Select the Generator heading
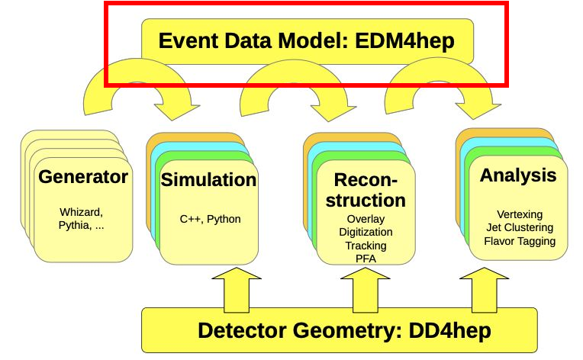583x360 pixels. [83, 178]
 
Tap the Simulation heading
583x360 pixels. [208, 180]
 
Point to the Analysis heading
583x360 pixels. [518, 175]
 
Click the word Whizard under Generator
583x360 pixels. [81, 211]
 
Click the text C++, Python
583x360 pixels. [210, 219]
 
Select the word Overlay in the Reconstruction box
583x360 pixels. [366, 219]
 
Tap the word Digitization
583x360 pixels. [366, 232]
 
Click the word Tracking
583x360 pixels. [366, 246]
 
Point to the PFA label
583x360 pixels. [366, 259]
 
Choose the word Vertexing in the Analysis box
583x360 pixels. [520, 214]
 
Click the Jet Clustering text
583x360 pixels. [520, 227]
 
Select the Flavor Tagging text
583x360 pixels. [520, 241]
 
